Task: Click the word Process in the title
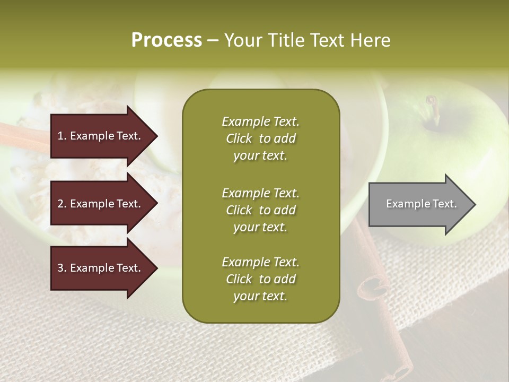[166, 40]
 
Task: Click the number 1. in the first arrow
[62, 136]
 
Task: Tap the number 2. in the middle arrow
[62, 204]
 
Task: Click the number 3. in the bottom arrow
[62, 268]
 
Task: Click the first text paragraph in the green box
[260, 138]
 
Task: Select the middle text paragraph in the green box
[260, 210]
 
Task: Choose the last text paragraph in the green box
[260, 279]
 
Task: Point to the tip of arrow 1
[156, 136]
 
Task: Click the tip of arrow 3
[156, 268]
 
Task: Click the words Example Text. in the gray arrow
[422, 204]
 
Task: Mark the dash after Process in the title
[213, 41]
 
